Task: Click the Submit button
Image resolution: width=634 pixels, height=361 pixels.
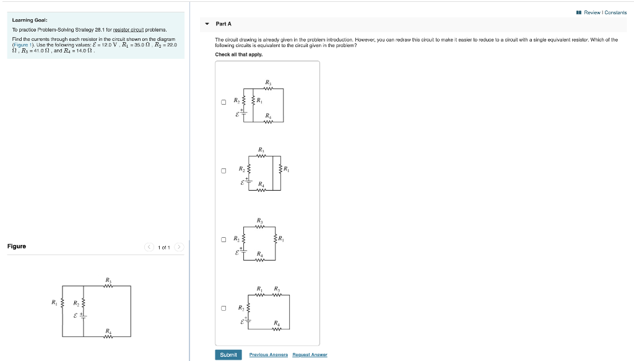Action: [228, 355]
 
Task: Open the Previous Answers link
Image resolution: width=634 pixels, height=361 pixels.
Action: [268, 355]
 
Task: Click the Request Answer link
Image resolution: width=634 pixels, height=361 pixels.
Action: [310, 355]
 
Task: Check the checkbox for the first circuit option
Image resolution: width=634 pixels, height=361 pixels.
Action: [223, 102]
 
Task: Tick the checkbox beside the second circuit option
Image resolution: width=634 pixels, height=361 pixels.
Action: [223, 171]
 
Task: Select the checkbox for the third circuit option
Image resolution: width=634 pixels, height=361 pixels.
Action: [223, 240]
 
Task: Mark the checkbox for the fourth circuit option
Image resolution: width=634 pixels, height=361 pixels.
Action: [223, 308]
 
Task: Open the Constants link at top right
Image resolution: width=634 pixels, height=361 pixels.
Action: [615, 12]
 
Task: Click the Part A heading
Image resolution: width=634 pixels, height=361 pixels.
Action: [224, 24]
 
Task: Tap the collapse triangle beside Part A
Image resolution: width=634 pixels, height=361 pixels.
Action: [207, 24]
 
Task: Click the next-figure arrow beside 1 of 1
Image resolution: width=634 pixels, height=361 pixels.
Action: [179, 247]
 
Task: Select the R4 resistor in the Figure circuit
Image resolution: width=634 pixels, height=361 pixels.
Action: [108, 336]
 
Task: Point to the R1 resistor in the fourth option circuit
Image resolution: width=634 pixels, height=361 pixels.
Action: [261, 294]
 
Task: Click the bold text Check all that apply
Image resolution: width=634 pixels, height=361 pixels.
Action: [239, 54]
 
